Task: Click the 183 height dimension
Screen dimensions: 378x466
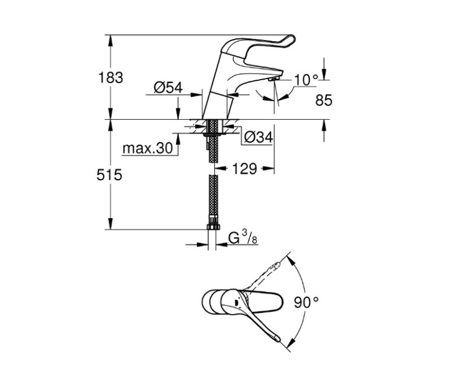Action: (110, 77)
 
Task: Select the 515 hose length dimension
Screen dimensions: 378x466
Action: (110, 174)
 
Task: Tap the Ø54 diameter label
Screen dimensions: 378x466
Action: (168, 88)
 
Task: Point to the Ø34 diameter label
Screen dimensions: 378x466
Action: (258, 137)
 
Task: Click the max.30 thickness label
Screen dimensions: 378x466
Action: (148, 149)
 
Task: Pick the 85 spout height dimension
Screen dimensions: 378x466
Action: (323, 100)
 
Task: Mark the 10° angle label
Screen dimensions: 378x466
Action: (306, 79)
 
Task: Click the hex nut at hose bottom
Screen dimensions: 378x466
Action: (213, 225)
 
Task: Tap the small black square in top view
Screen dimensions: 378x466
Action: (235, 302)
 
